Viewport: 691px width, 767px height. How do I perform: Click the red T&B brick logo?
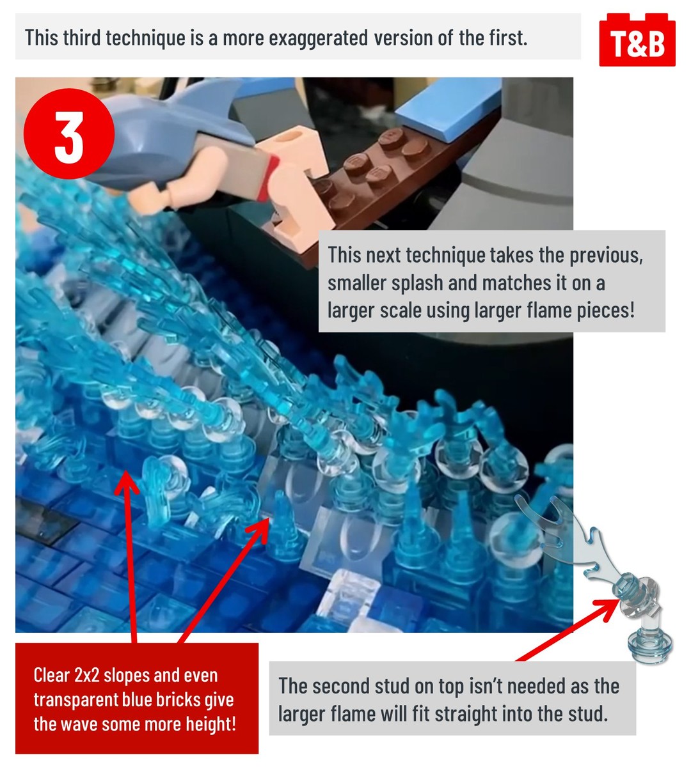[637, 40]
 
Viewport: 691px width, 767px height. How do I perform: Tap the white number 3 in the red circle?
[69, 138]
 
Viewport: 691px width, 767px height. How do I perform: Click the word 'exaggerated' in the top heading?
[318, 38]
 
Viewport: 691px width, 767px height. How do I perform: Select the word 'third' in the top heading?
[81, 38]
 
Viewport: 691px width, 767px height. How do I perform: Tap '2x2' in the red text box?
[87, 675]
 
